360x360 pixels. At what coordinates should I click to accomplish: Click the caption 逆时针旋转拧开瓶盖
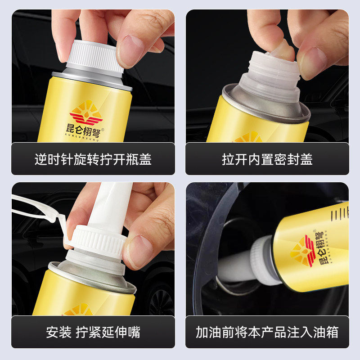(x=93, y=159)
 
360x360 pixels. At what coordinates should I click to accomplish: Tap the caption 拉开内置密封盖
(x=267, y=159)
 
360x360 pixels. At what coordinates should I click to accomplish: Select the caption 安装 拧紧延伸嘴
(x=93, y=333)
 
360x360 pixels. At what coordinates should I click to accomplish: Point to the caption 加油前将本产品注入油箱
(x=267, y=333)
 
